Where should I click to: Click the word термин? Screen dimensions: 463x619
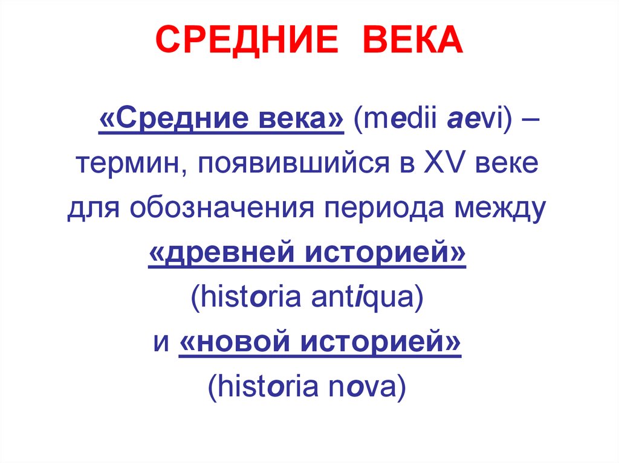(x=125, y=163)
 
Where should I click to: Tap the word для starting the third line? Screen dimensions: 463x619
(x=88, y=208)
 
